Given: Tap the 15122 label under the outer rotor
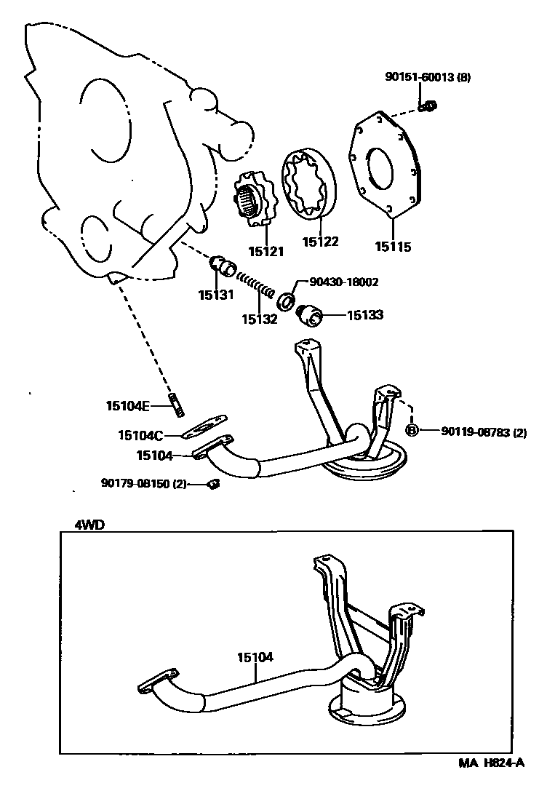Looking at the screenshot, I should click(x=321, y=242).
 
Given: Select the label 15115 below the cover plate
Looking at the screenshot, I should click(x=393, y=247).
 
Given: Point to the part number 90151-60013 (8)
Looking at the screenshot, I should click(x=428, y=77).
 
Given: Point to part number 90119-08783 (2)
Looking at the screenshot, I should click(x=483, y=432).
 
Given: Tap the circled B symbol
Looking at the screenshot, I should click(x=411, y=431).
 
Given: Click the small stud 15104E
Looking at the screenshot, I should click(x=177, y=402).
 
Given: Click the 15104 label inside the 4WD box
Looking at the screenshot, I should click(x=255, y=657).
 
